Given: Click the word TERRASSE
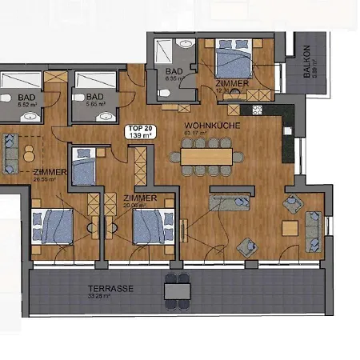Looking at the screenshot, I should click(x=112, y=286).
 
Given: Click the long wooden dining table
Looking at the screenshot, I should click(x=206, y=152).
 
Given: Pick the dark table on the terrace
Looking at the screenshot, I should click(x=178, y=290).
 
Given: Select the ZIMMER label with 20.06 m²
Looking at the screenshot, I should click(x=140, y=198).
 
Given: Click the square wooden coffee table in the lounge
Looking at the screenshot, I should click(x=290, y=228).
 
